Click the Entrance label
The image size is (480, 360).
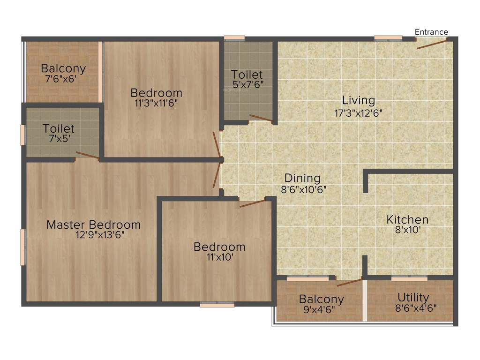(431, 32)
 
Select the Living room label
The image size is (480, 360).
(359, 100)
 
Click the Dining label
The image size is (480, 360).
(302, 178)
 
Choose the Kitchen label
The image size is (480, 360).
(407, 219)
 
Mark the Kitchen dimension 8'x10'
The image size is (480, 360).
(407, 230)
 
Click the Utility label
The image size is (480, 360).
(413, 297)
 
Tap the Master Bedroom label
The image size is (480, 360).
(93, 225)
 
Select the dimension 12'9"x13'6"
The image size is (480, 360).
(93, 235)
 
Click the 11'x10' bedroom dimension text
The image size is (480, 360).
(219, 257)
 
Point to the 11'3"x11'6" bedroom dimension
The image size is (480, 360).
(156, 103)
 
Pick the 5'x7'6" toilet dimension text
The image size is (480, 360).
(247, 85)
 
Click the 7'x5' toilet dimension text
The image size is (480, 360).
(59, 139)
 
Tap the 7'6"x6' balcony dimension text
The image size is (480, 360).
(63, 79)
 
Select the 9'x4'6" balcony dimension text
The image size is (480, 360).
(321, 309)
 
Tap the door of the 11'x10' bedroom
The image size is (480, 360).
(252, 203)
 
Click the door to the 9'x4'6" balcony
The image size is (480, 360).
(349, 282)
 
